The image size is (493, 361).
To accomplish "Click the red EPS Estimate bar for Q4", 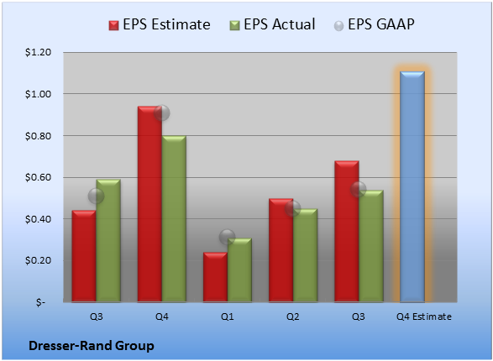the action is point(149,204).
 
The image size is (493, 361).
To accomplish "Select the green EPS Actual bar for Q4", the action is point(174,218).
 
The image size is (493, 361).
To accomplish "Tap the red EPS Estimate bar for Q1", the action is point(215,277).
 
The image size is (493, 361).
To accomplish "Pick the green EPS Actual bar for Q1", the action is point(239,270).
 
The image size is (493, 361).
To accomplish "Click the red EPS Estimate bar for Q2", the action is point(281,250).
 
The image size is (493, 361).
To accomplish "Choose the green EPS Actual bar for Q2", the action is point(305,255).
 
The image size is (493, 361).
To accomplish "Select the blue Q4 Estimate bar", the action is point(412,187).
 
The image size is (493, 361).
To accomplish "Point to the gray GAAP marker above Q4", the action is point(162,112).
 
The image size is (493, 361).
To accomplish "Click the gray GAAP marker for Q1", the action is point(228,238).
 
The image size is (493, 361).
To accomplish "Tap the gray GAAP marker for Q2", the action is point(293,208).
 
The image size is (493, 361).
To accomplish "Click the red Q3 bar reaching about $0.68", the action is point(347,232).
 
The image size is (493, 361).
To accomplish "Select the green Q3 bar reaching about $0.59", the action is point(108,241).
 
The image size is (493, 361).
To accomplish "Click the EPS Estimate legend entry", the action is point(160,24).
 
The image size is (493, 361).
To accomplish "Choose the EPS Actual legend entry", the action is point(272,24).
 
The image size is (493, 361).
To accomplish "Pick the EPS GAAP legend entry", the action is point(374,24).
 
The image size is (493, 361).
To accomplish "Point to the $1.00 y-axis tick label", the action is point(38,94).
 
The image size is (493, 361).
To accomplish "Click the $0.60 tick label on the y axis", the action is point(38,177).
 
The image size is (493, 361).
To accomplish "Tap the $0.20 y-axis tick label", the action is point(38,260).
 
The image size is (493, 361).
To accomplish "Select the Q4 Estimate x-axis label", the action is point(424,317).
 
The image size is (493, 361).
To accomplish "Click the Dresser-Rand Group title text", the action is point(92,346).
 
